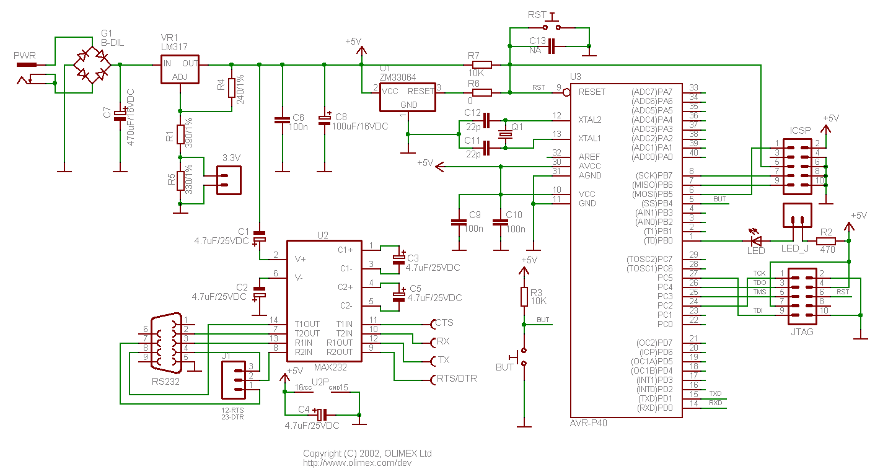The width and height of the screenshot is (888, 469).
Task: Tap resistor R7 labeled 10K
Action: pyautogui.click(x=481, y=64)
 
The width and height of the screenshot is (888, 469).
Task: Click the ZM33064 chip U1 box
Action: pyautogui.click(x=407, y=97)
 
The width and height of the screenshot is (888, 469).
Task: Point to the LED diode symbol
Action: pyautogui.click(x=756, y=240)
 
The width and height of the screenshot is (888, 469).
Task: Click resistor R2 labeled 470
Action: pyautogui.click(x=826, y=241)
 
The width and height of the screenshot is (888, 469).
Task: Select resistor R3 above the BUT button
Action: pyautogui.click(x=524, y=297)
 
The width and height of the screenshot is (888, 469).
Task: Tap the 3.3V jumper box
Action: pyautogui.click(x=227, y=180)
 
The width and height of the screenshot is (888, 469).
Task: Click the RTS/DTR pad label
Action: pyautogui.click(x=456, y=379)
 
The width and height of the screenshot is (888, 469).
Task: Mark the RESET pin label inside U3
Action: pyautogui.click(x=592, y=92)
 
